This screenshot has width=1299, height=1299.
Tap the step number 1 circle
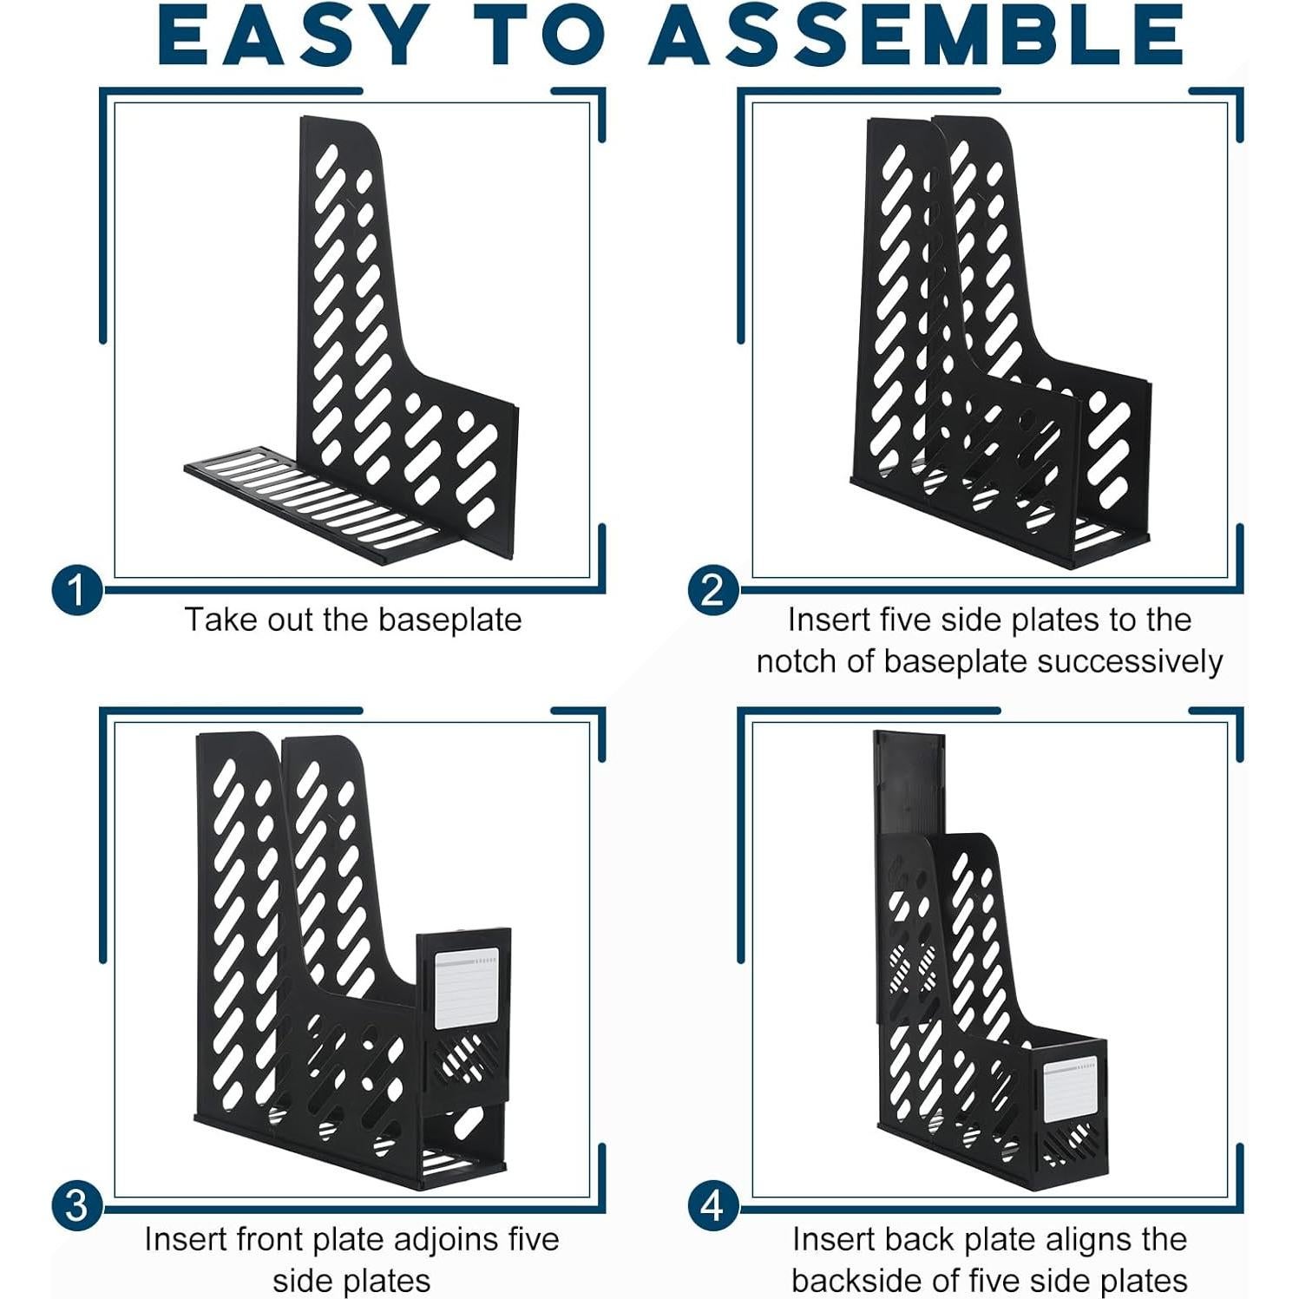tap(76, 590)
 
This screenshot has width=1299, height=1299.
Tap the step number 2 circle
tap(712, 590)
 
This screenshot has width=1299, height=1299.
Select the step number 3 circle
tap(76, 1206)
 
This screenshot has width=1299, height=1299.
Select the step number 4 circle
tap(712, 1206)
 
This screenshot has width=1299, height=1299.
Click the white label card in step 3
tap(466, 989)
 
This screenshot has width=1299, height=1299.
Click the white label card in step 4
tap(1069, 1090)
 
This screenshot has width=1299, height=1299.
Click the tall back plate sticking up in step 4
tap(907, 781)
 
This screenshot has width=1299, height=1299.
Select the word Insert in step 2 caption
tap(829, 620)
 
